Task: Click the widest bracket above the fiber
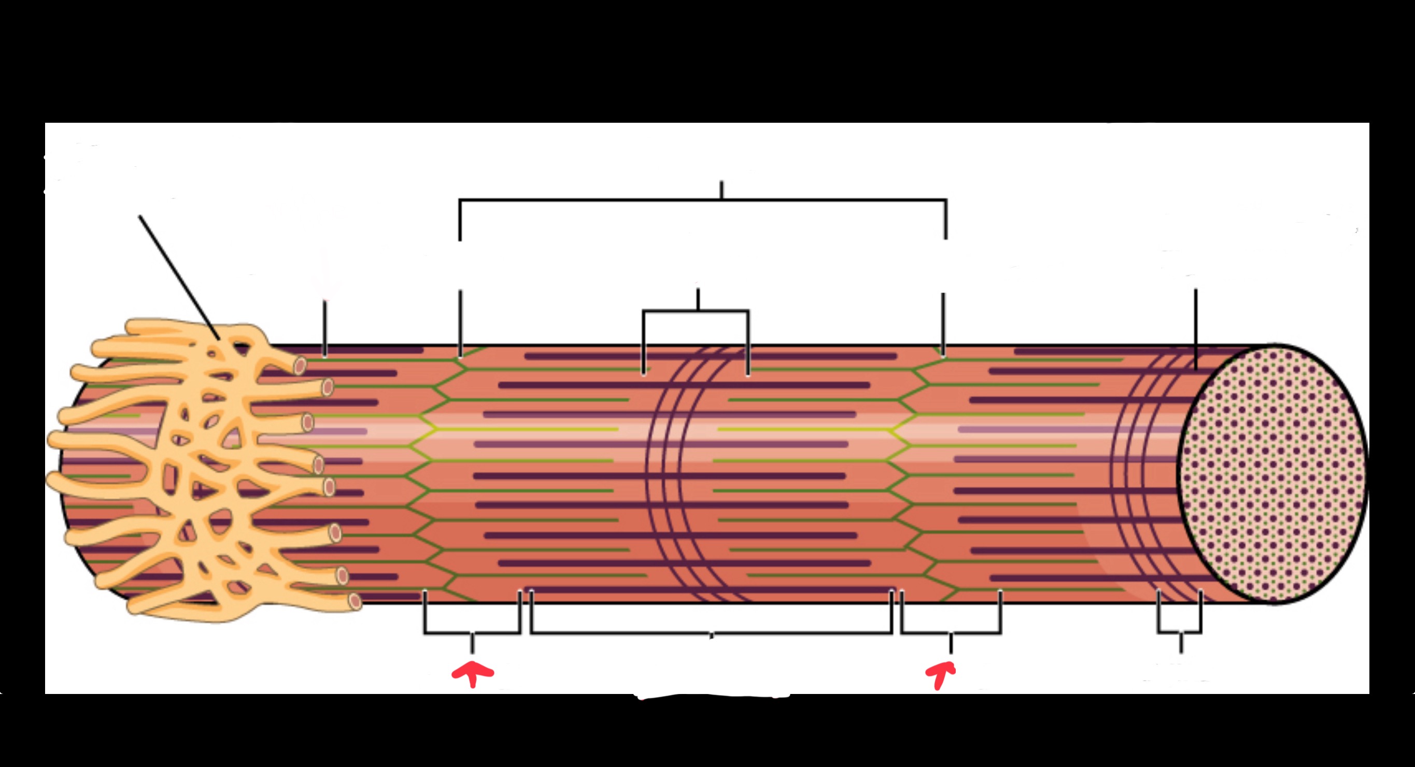702,200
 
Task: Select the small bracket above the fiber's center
696,312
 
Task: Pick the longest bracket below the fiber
711,633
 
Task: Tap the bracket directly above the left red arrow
472,632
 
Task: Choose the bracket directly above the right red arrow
951,632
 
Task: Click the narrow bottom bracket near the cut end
1180,632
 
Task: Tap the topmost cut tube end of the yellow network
300,365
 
